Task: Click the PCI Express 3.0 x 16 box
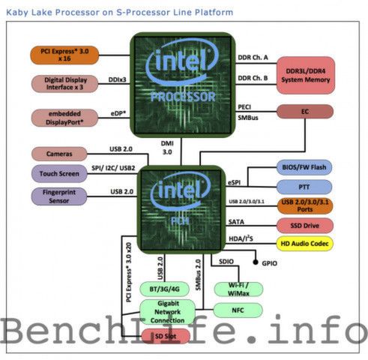65,54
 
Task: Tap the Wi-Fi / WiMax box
237,289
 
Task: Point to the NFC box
237,309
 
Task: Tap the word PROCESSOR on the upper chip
184,97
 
